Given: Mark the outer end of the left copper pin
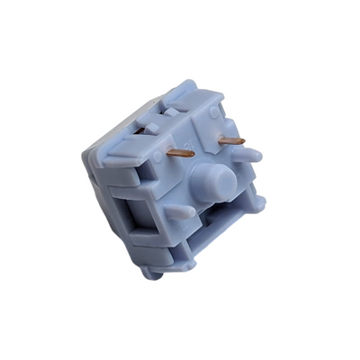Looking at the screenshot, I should (166, 153).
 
